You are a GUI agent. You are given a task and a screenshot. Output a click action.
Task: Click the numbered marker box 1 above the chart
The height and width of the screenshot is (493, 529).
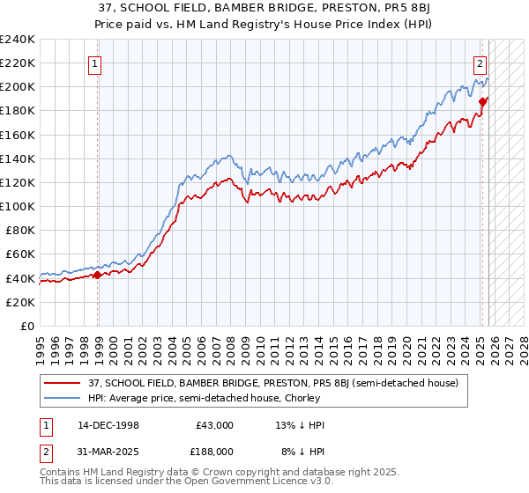click(x=94, y=63)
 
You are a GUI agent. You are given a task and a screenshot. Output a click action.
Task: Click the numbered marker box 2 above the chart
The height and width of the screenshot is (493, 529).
click(x=480, y=63)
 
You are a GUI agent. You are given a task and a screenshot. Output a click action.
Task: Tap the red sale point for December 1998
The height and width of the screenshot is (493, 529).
click(x=98, y=275)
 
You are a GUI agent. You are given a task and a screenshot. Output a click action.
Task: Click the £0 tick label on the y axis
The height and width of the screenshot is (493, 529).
click(x=26, y=326)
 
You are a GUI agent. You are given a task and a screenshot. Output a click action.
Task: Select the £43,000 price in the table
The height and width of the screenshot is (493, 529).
click(x=212, y=425)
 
